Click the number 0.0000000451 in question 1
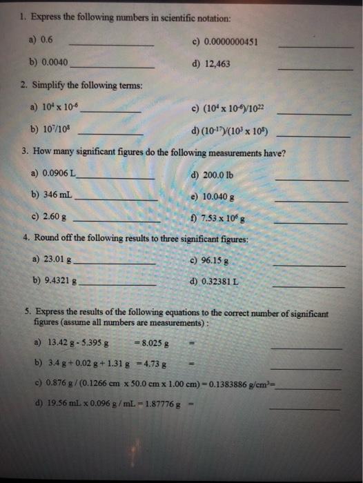231,43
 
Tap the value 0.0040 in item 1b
55,62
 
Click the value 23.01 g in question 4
58,260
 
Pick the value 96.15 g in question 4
217,260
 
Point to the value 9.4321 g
61,282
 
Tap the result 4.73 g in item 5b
156,362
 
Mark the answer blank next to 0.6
112,45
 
